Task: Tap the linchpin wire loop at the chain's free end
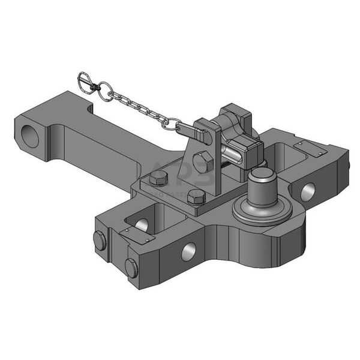point(87,81)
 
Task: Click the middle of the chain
point(135,106)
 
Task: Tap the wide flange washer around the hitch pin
point(262,210)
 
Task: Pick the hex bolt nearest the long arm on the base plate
point(158,178)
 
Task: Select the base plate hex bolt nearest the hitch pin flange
point(196,197)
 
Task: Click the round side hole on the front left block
point(188,251)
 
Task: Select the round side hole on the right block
point(307,191)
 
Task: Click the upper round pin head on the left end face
point(100,241)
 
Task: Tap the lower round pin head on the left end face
point(131,268)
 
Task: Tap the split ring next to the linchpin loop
point(105,92)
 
